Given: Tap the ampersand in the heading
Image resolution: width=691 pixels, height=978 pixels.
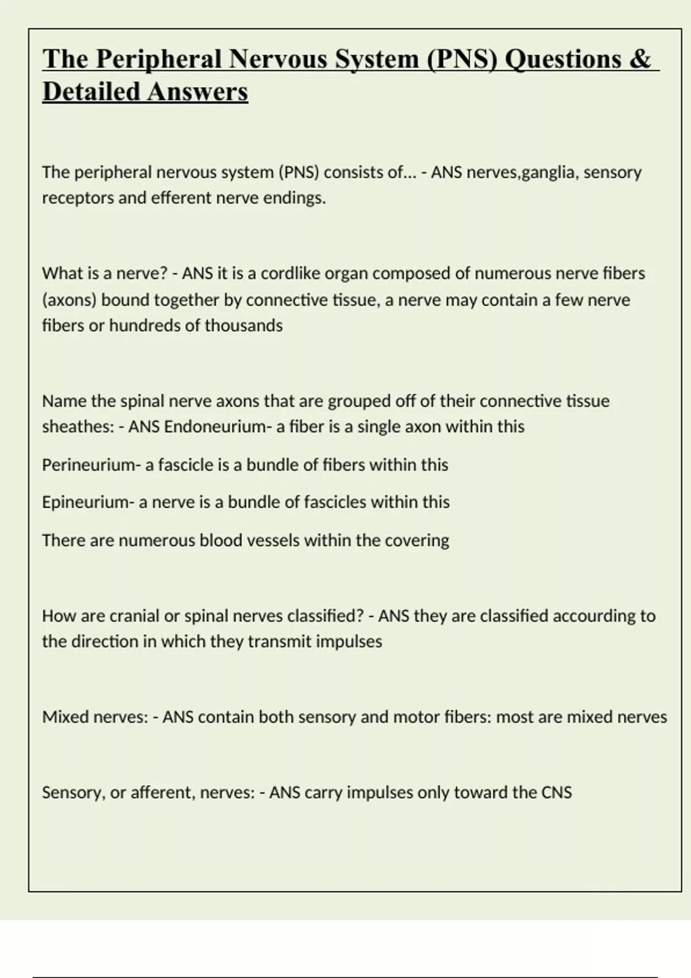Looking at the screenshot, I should [x=640, y=59].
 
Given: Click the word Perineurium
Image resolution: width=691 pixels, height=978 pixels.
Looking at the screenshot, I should [x=88, y=465].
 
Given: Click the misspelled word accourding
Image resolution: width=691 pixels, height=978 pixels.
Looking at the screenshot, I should [x=593, y=616].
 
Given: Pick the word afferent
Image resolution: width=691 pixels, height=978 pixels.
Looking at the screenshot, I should [x=162, y=793].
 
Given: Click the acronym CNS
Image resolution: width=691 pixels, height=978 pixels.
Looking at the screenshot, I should [x=556, y=793].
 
